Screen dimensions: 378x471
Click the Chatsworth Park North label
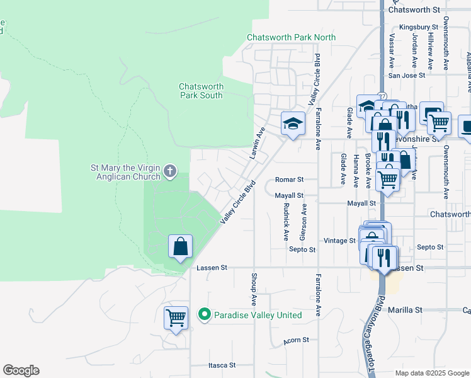click(291, 37)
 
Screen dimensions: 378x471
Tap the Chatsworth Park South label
click(201, 91)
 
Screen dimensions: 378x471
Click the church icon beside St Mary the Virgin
click(169, 170)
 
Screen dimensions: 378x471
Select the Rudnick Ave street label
click(286, 222)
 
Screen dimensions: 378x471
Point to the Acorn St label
click(296, 340)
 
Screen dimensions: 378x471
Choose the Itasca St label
click(222, 365)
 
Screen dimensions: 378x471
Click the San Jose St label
click(406, 75)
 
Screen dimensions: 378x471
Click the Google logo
click(21, 370)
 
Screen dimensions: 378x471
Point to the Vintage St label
click(340, 241)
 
